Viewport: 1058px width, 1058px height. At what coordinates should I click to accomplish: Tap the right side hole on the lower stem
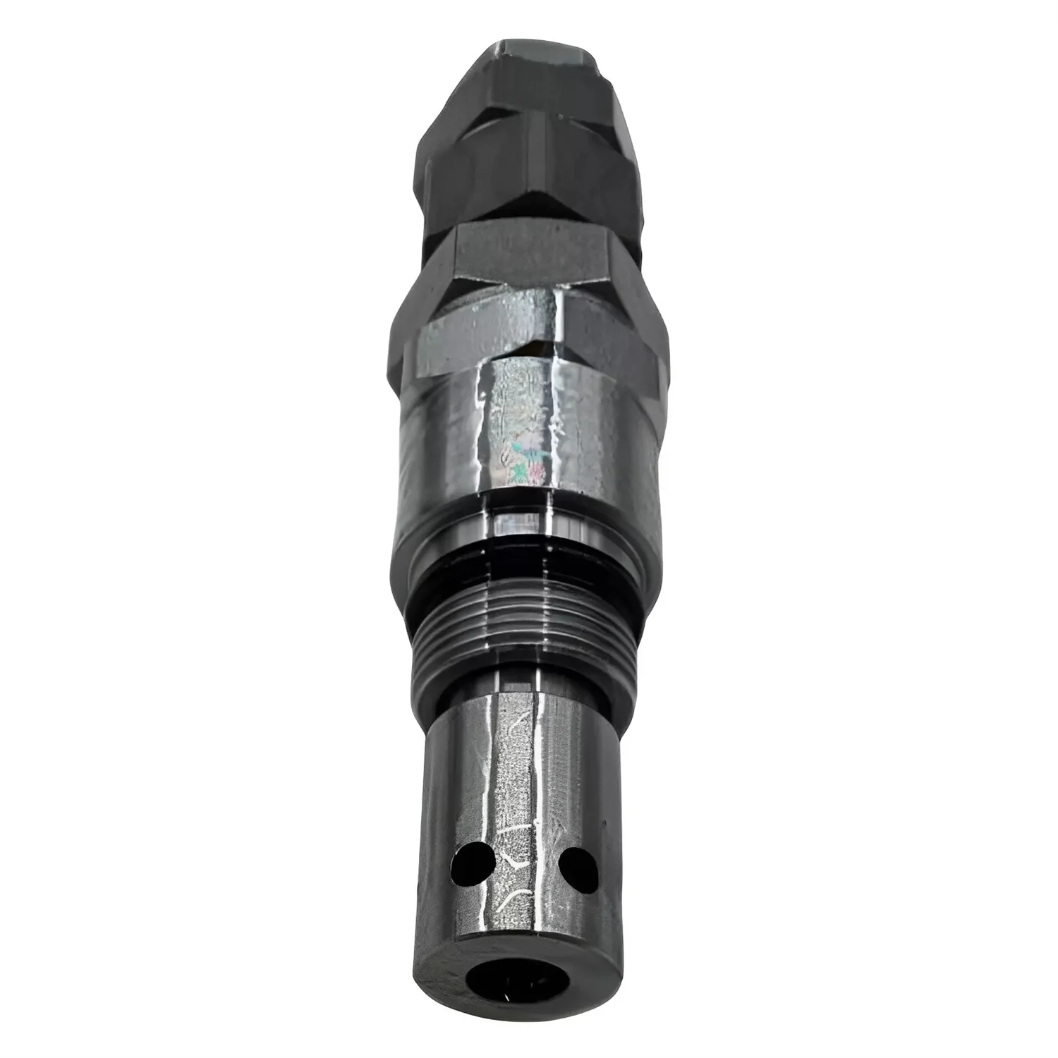pyautogui.click(x=575, y=861)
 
